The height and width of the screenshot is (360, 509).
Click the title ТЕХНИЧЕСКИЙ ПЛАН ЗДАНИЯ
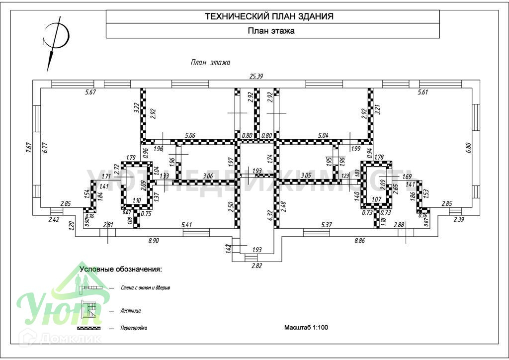(x=269, y=16)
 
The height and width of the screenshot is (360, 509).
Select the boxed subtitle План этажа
(x=271, y=31)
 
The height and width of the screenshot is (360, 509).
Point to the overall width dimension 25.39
(x=256, y=76)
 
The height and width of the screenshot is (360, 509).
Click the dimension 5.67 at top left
(x=91, y=92)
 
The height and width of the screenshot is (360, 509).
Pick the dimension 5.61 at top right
(x=423, y=92)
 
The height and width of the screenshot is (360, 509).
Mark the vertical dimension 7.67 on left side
(x=29, y=149)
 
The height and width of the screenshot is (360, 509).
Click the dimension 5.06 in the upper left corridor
(x=190, y=135)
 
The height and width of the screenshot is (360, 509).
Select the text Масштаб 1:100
(x=306, y=327)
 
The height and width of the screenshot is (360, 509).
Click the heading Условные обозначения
(x=121, y=269)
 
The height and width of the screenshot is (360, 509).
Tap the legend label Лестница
(x=131, y=310)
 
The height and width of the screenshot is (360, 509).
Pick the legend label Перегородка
(x=134, y=328)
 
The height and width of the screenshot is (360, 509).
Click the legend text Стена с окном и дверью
(x=146, y=288)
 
